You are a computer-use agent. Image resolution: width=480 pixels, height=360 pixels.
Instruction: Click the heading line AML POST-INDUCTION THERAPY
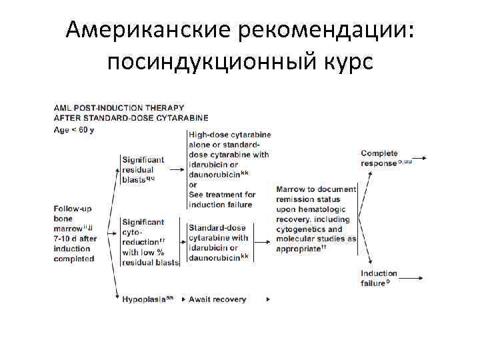[119, 107]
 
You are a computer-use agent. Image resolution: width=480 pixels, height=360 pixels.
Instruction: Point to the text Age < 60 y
[74, 129]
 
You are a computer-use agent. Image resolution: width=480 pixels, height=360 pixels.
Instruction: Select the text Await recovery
[217, 299]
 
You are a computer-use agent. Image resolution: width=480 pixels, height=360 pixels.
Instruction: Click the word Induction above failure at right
[379, 273]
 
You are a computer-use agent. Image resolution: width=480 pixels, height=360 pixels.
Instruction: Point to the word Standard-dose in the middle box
[217, 228]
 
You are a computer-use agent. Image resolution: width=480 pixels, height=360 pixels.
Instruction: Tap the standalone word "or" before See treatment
[193, 185]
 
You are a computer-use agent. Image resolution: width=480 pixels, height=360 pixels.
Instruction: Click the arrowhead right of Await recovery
[268, 299]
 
